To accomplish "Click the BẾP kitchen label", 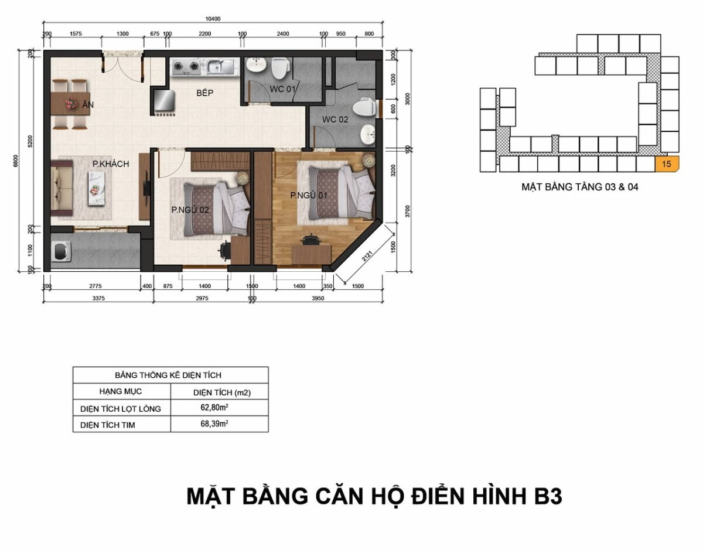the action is pos(205,93).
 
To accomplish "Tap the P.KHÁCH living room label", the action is pos(111,163).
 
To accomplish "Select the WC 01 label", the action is pos(282,88).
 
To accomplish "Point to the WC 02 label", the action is pos(335,120).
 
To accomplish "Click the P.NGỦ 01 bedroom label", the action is pos(309,195).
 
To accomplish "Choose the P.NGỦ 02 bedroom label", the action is pos(190,210).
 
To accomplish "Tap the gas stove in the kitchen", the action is pos(186,67).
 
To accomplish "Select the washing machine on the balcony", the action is pos(62,251).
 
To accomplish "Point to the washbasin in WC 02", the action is pos(367,134).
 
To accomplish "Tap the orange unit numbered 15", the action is pos(667,164).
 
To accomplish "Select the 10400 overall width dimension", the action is pos(213,19).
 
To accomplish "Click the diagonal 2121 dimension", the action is pos(367,256).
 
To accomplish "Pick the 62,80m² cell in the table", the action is pos(214,407).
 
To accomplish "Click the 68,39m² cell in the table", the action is pos(214,424).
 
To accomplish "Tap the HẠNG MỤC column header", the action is pos(121,391).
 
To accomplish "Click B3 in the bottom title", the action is pos(548,497).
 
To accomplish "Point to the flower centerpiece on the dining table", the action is pos(71,103).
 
